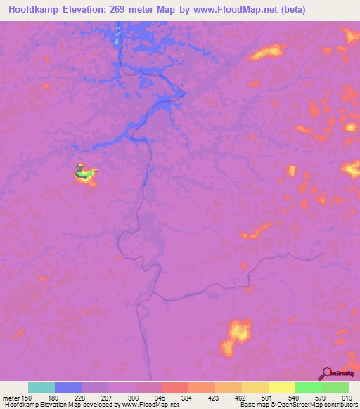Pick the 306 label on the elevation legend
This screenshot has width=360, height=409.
(122, 398)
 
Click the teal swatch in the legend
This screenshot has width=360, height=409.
(41, 387)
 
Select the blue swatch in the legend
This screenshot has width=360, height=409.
(68, 387)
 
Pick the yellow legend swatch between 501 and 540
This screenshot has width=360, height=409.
(282, 387)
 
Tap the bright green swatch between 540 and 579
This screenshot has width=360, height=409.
(309, 387)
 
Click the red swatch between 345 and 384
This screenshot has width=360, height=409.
(175, 387)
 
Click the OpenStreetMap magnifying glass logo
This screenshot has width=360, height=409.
(326, 373)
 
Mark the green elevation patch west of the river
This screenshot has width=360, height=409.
(84, 174)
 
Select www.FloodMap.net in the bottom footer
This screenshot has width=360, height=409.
(149, 405)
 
